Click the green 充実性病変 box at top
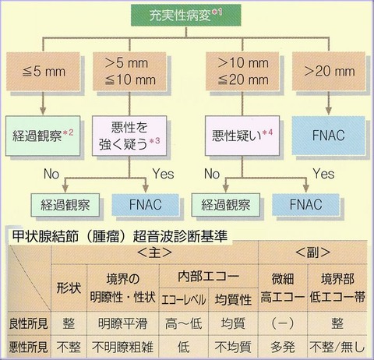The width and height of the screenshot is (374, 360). click(185, 15)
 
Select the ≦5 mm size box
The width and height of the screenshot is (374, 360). click(43, 72)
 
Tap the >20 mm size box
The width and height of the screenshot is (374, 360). click(329, 72)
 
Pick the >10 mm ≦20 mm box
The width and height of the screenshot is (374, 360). click(242, 72)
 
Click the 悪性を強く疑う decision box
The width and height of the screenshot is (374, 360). click(129, 136)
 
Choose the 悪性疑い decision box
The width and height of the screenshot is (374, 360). click(242, 136)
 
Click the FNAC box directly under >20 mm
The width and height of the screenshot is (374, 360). click(329, 136)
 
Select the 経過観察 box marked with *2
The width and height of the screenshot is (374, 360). click(43, 136)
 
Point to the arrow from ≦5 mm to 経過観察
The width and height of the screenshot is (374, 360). click(43, 103)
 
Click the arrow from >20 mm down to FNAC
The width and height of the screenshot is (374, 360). click(329, 103)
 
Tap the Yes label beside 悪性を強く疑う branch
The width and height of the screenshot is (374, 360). click(163, 174)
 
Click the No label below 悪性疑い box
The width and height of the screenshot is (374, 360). click(212, 174)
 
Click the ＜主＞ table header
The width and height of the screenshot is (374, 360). click(155, 252)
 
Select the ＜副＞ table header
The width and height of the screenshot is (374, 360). click(312, 252)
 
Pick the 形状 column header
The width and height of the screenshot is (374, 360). click(69, 288)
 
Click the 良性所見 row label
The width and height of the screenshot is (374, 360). click(29, 323)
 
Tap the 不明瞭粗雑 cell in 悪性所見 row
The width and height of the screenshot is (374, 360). click(122, 348)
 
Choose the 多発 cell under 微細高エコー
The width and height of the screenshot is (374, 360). click(283, 348)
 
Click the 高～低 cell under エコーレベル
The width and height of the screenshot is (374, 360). click(183, 323)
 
